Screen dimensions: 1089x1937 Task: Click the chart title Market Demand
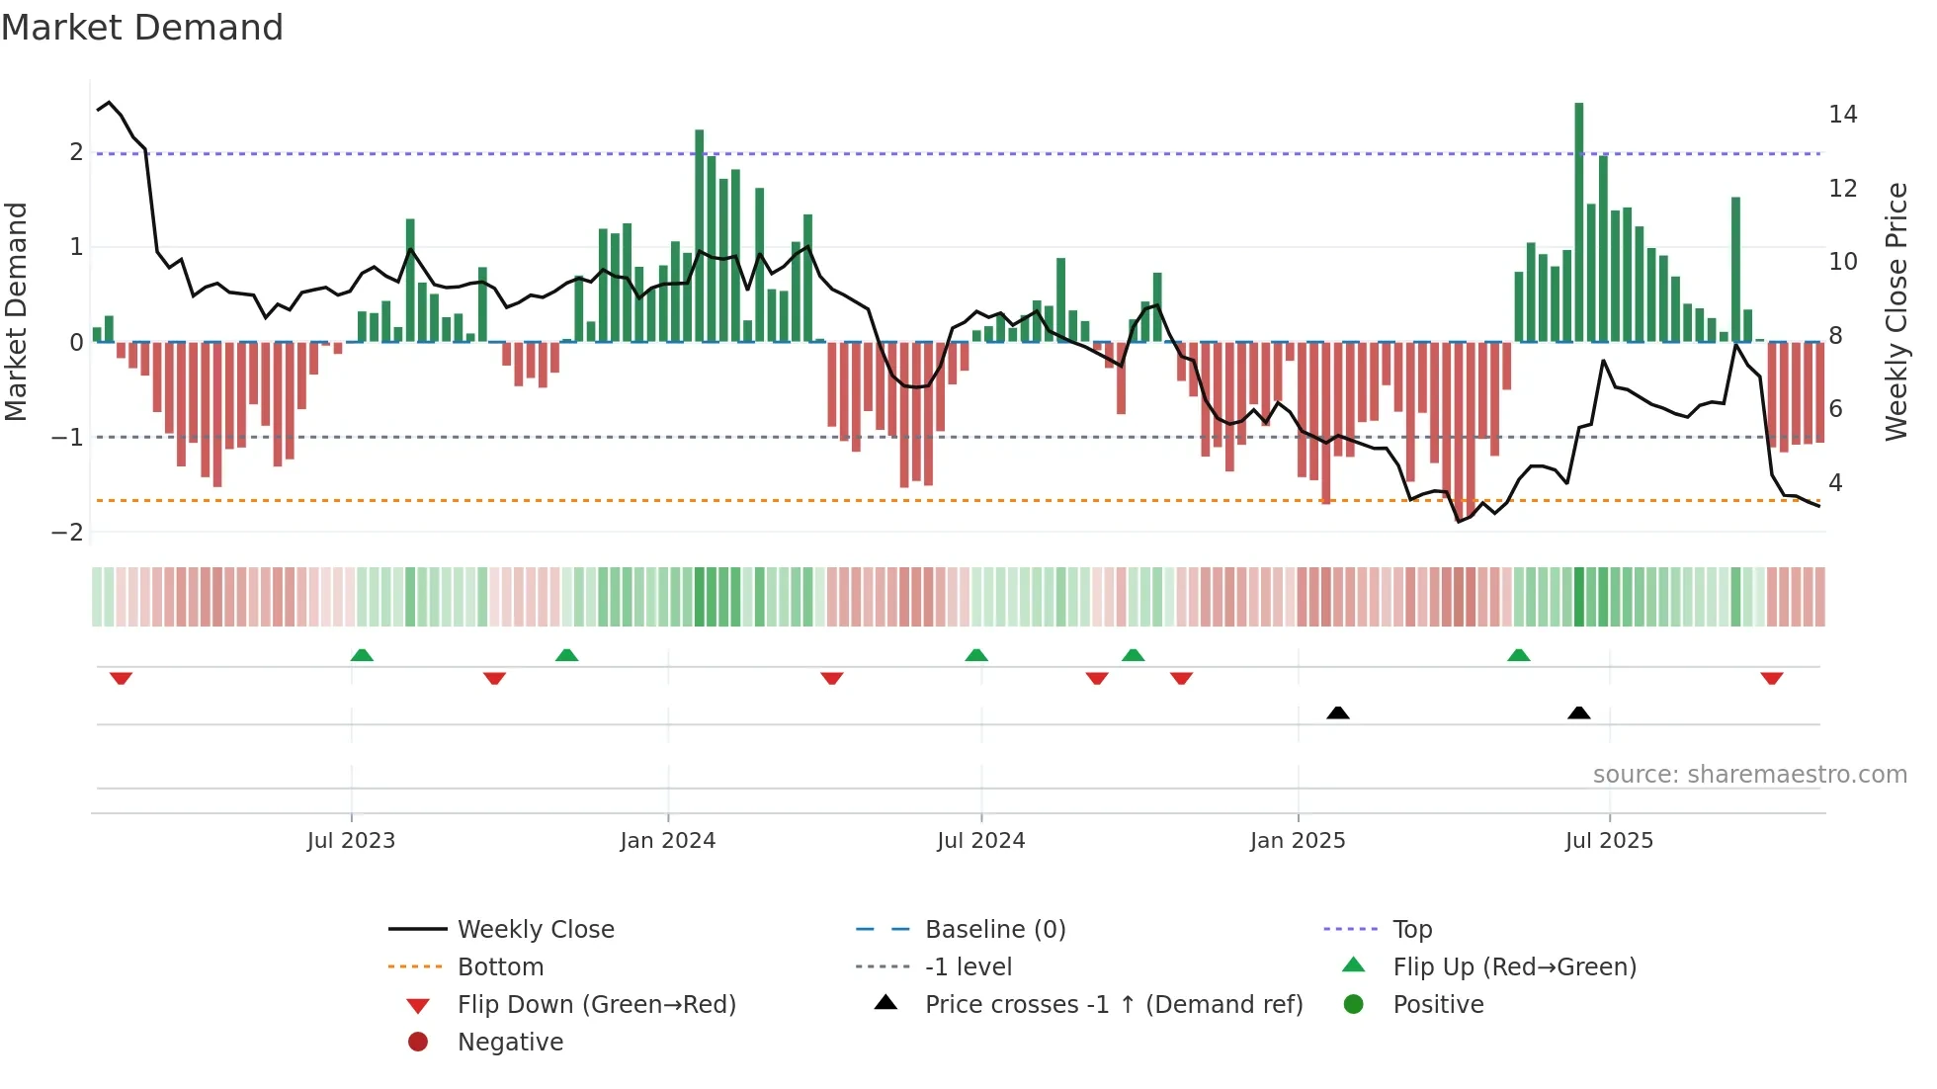142,28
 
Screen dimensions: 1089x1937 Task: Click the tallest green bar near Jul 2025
1578,222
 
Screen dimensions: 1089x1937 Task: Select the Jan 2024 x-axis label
667,841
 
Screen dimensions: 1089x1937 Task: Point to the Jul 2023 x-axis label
351,841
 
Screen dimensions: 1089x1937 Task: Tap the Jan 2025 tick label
1297,841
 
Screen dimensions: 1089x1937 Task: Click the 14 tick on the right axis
1842,115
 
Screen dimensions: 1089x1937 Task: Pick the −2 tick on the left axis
68,533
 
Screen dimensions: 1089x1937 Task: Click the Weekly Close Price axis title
1895,311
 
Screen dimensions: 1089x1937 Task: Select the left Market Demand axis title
16,311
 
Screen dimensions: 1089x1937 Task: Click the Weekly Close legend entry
535,930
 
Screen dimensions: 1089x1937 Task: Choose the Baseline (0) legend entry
994,930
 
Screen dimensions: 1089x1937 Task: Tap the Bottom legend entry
500,967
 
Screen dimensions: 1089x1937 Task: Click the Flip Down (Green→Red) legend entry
596,1005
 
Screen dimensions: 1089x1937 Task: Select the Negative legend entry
510,1043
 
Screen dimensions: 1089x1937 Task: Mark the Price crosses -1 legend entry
1113,1005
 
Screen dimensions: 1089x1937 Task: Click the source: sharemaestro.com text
1749,775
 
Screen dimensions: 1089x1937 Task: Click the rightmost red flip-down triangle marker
1771,679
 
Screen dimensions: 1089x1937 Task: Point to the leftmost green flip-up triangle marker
362,655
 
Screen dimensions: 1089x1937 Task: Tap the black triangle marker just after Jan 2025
1337,712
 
